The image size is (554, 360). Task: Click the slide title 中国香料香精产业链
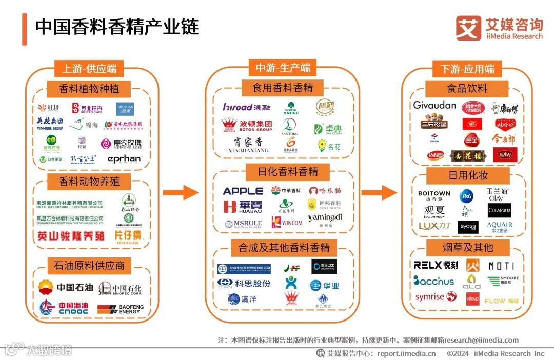click(x=117, y=27)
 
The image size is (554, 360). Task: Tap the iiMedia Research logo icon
click(x=468, y=28)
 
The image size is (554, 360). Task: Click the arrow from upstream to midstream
click(x=180, y=193)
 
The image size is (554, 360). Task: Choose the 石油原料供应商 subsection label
click(x=89, y=266)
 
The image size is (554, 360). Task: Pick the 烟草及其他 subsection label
click(x=467, y=248)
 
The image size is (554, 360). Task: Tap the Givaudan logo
click(x=434, y=105)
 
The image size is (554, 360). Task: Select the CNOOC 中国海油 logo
click(x=64, y=308)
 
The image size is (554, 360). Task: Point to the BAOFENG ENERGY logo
click(x=121, y=309)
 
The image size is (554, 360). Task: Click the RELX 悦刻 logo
click(x=436, y=265)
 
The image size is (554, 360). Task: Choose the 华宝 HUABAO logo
click(x=243, y=206)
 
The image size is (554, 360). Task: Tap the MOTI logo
click(x=501, y=266)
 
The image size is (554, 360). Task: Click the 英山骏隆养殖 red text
click(x=71, y=236)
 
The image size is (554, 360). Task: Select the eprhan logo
click(x=124, y=159)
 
